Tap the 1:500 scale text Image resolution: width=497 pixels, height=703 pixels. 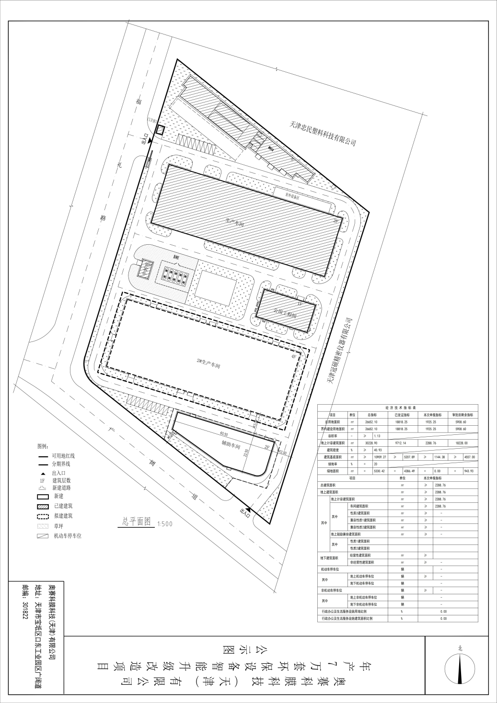164,523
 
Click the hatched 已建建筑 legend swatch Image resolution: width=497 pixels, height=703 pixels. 43,506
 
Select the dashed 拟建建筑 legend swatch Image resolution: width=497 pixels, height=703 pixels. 43,516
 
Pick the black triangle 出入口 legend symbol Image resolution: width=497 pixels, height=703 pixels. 43,473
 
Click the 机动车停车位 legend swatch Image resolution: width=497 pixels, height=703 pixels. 43,536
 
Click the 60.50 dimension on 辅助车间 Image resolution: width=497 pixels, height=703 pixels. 223,433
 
